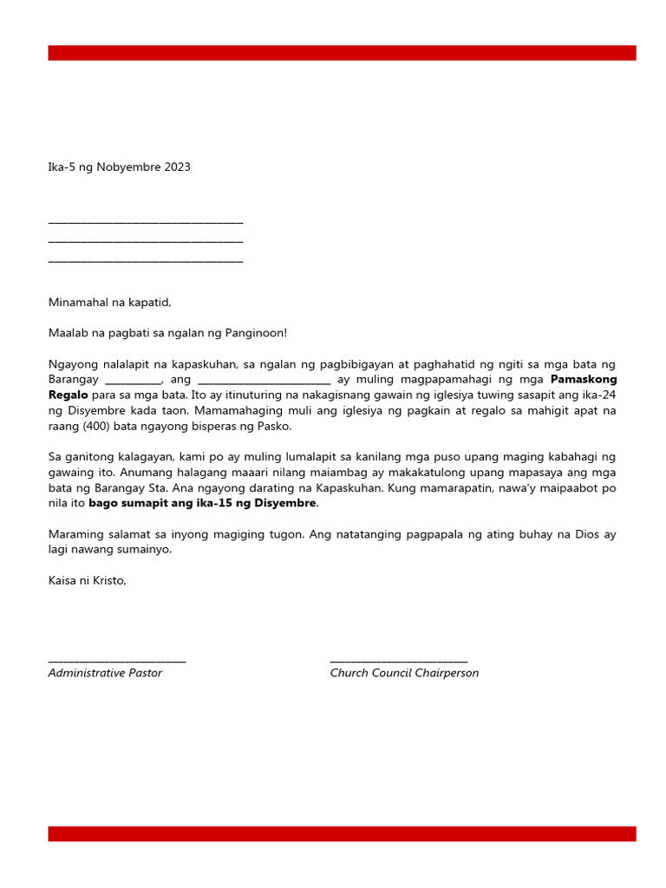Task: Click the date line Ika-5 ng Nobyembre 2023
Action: point(119,167)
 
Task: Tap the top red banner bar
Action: point(342,53)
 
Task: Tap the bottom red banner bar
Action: point(342,833)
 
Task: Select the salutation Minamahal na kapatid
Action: point(109,303)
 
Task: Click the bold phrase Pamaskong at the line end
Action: point(584,380)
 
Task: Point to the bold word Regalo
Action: point(68,395)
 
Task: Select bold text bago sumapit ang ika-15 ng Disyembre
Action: point(203,503)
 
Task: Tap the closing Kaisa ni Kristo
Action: point(88,580)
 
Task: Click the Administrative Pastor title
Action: point(105,673)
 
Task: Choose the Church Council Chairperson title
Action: point(404,673)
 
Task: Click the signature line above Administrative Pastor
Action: point(117,662)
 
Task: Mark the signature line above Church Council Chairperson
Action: point(399,662)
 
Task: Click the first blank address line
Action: point(146,224)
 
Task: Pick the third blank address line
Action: point(146,260)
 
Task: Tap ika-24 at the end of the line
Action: point(600,395)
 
